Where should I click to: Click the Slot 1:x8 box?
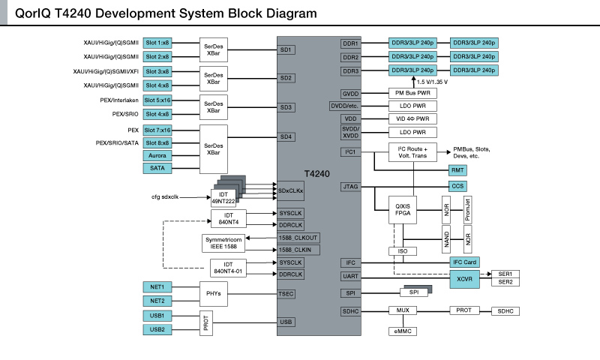[x=157, y=43]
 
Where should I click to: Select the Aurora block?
[x=157, y=155]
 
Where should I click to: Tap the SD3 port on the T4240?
[x=286, y=107]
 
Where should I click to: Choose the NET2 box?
[x=157, y=301]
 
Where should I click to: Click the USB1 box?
[x=157, y=316]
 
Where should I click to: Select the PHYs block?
[x=212, y=293]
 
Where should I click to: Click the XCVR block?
[x=463, y=277]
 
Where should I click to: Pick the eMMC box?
[x=402, y=331]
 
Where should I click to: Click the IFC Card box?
[x=463, y=262]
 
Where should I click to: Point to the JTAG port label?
[x=350, y=186]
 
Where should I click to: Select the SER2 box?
[x=505, y=281]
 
